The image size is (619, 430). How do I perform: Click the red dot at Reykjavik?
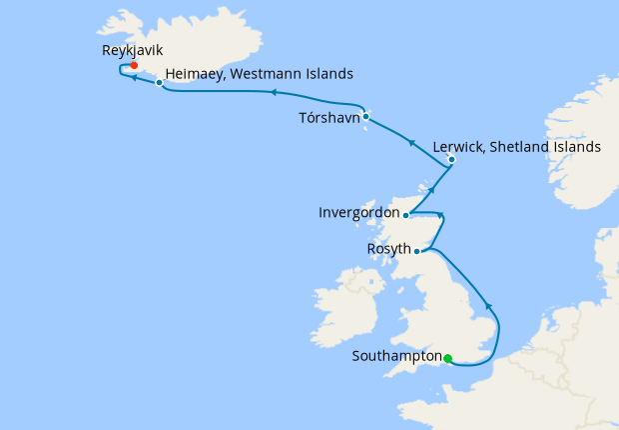click(133, 65)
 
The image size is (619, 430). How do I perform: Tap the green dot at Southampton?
click(448, 358)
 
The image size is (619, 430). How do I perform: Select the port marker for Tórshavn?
click(366, 116)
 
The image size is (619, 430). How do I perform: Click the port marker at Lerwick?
click(451, 159)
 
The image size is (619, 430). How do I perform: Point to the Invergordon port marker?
click(405, 214)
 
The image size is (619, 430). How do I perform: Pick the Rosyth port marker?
click(416, 251)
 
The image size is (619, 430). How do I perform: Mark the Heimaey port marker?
click(159, 83)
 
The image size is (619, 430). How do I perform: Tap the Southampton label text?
click(397, 356)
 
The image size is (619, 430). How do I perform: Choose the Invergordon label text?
click(358, 213)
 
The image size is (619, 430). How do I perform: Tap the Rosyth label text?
click(388, 251)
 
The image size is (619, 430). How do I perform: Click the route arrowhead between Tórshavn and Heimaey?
click(272, 93)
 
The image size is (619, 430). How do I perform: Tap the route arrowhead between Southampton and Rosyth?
click(486, 306)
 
